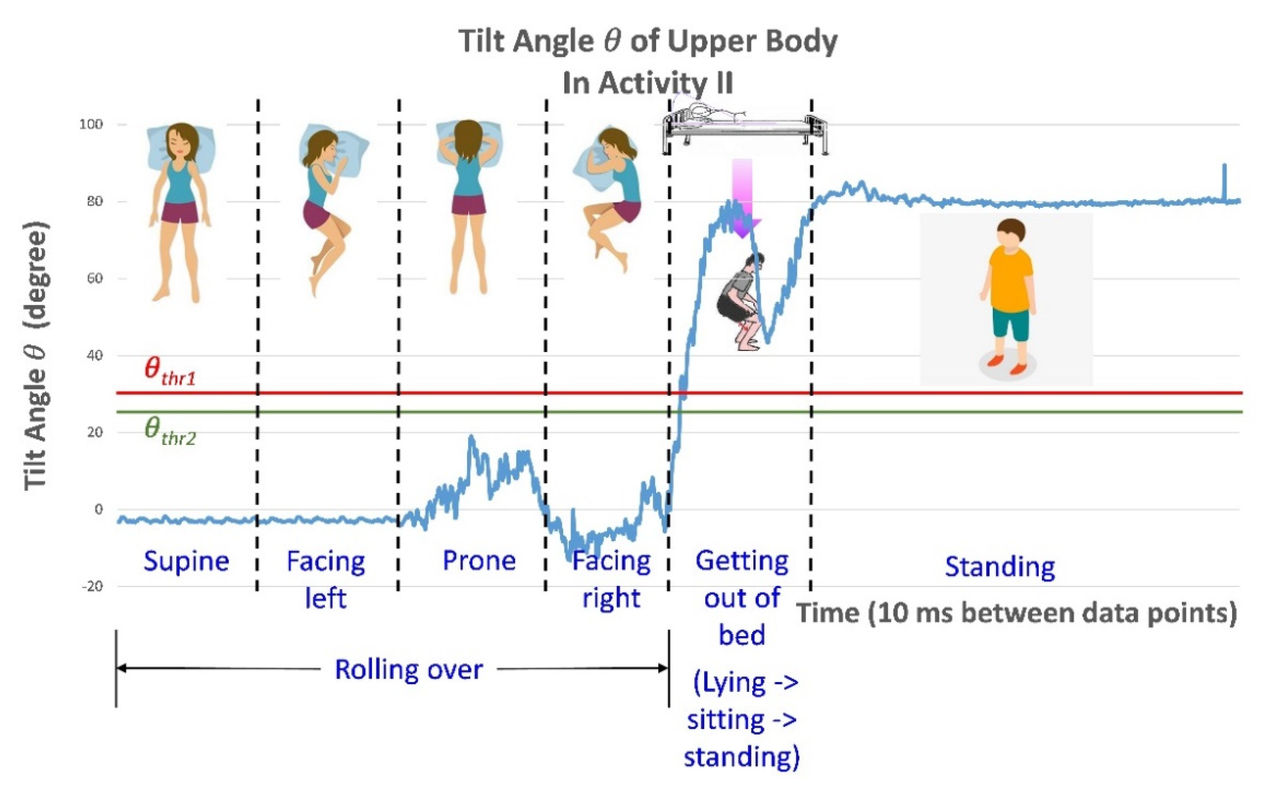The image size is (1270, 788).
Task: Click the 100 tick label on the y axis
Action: pyautogui.click(x=91, y=125)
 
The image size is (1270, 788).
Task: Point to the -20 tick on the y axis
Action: pyautogui.click(x=92, y=586)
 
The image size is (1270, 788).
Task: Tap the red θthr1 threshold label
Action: pyautogui.click(x=169, y=371)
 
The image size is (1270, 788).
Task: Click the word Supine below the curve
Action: pyautogui.click(x=186, y=562)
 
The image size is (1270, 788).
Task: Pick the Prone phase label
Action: pyautogui.click(x=479, y=561)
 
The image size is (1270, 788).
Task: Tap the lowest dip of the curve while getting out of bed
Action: pyautogui.click(x=768, y=341)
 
